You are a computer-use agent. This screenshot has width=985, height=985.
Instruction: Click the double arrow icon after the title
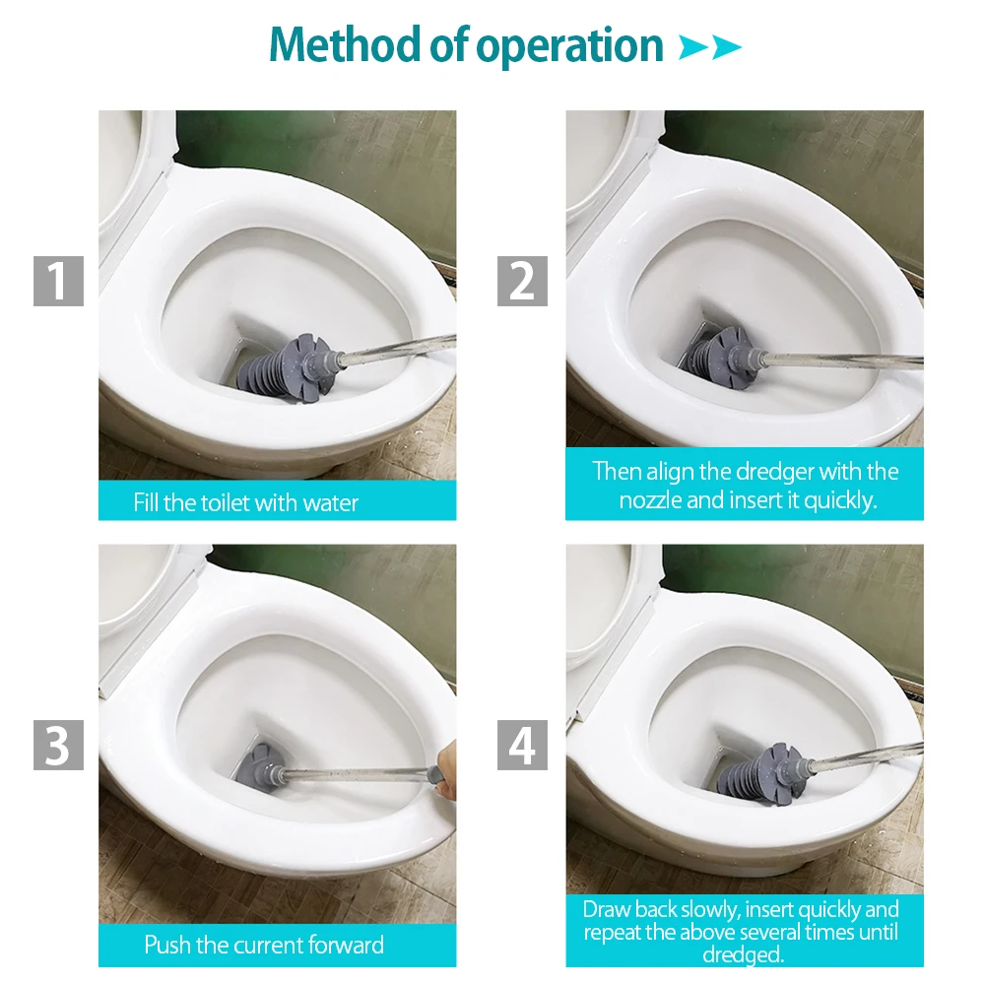(710, 47)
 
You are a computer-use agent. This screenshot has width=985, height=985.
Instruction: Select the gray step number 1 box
(58, 281)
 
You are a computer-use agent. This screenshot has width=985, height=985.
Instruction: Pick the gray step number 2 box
(523, 281)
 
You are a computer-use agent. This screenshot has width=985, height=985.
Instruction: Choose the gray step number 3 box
(58, 745)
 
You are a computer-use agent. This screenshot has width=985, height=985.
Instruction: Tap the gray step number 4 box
(523, 745)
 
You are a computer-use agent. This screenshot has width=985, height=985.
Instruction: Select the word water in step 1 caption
(330, 503)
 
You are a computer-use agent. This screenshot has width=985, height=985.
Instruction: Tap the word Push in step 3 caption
(167, 945)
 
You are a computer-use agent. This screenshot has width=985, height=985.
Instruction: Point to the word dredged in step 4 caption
(743, 954)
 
